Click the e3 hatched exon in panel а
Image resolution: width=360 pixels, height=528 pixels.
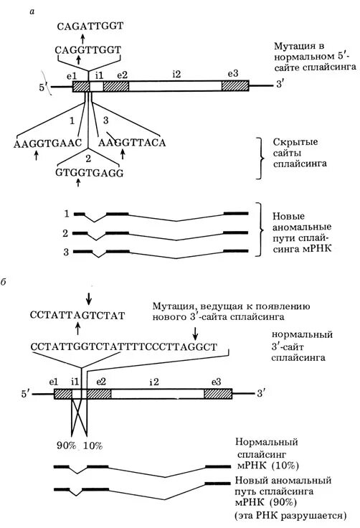tap(234, 85)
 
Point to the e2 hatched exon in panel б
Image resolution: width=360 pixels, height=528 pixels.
tap(100, 393)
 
